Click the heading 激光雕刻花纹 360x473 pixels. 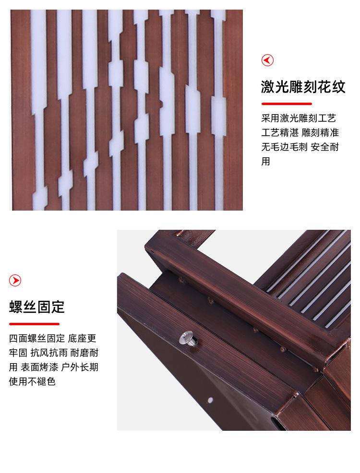coord(303,87)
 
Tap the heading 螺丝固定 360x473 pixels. coord(37,307)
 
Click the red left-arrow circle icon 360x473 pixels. coord(267,60)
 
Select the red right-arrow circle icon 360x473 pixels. coord(15,281)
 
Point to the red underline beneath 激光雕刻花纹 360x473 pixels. coord(287,104)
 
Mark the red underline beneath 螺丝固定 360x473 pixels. coord(34,324)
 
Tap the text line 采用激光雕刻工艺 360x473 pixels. coord(299,118)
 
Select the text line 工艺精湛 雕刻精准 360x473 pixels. coord(300,132)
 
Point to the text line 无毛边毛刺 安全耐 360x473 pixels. coord(300,147)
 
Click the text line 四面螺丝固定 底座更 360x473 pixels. coord(53,338)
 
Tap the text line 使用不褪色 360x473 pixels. coord(32,381)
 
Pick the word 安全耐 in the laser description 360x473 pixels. coord(324,147)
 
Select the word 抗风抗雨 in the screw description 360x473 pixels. coord(49,353)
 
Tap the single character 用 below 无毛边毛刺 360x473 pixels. coord(266,161)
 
